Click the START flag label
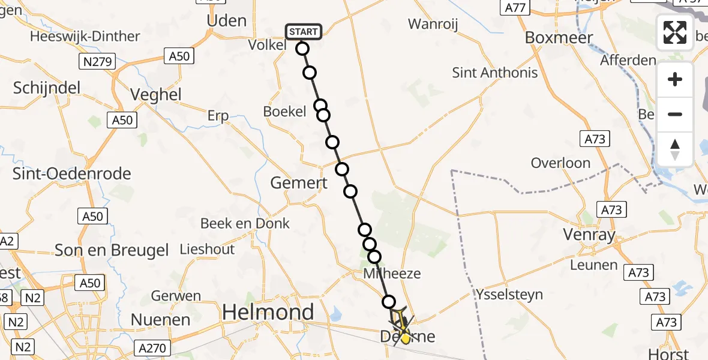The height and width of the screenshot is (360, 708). click(x=304, y=31)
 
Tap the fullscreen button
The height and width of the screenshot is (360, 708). click(x=675, y=32)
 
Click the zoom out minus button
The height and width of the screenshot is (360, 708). click(x=675, y=115)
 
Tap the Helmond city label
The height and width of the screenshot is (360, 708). click(x=268, y=311)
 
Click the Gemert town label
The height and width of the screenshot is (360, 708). click(x=298, y=183)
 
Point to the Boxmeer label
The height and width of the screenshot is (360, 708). click(x=559, y=37)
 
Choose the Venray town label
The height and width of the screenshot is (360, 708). click(x=589, y=234)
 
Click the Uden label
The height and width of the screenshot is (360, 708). click(x=226, y=20)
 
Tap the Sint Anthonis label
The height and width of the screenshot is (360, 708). click(x=495, y=73)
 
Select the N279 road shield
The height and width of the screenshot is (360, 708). click(x=97, y=61)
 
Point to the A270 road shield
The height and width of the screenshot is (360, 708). click(x=154, y=348)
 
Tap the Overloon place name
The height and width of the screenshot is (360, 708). click(x=560, y=163)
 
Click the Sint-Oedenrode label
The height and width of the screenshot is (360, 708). click(x=72, y=174)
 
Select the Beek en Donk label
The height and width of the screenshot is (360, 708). click(x=245, y=224)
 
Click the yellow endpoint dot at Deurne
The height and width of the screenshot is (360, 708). click(x=405, y=338)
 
